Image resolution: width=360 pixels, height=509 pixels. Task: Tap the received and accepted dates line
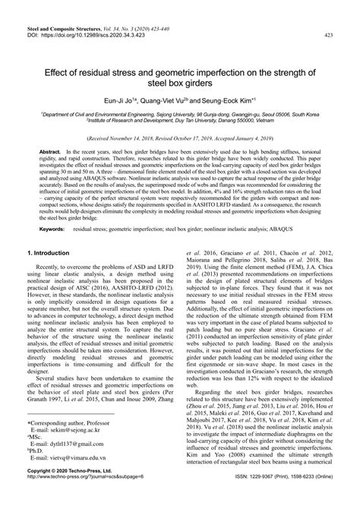coord(180,140)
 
